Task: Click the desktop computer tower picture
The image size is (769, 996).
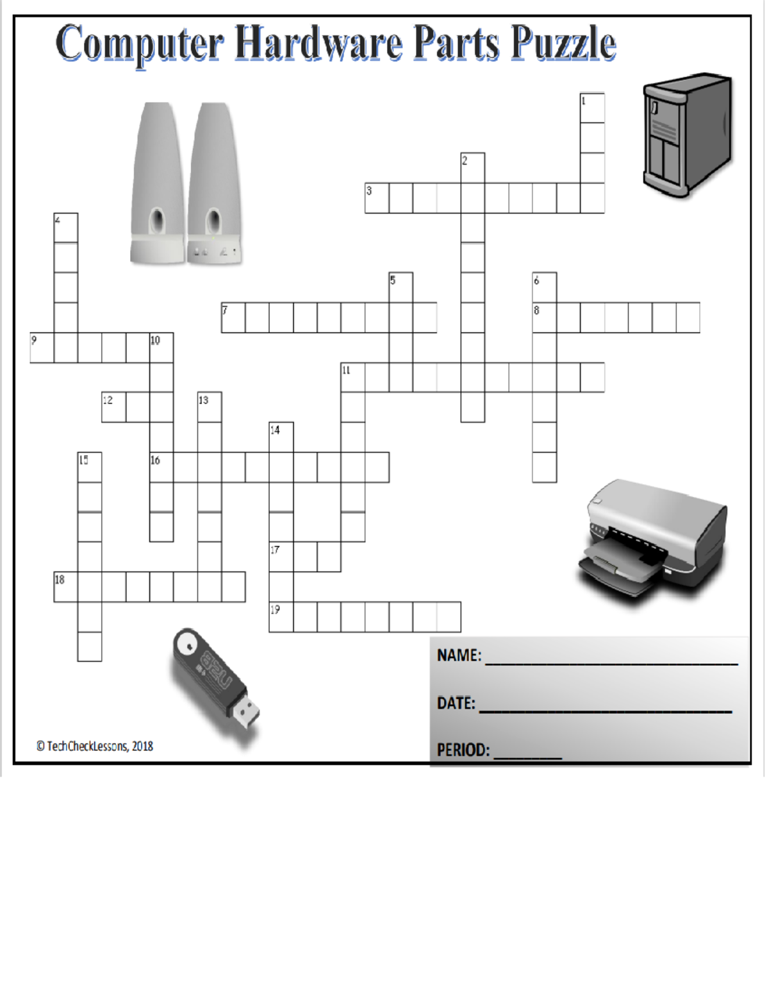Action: pyautogui.click(x=687, y=135)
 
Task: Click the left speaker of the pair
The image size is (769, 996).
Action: pyautogui.click(x=158, y=183)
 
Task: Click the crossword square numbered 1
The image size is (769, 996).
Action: pyautogui.click(x=592, y=108)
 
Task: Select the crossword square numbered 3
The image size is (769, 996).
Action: pyautogui.click(x=377, y=198)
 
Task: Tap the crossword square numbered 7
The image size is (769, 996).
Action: pyautogui.click(x=233, y=317)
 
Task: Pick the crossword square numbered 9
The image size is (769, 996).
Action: pyautogui.click(x=42, y=348)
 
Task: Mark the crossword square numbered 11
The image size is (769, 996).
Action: pyautogui.click(x=352, y=377)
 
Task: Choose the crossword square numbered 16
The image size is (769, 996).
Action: pyautogui.click(x=161, y=467)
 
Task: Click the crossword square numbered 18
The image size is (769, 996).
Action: pyautogui.click(x=65, y=587)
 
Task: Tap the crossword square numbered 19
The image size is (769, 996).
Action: pyautogui.click(x=281, y=617)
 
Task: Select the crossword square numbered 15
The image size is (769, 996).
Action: pyautogui.click(x=90, y=467)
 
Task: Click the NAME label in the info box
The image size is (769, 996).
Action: pyautogui.click(x=458, y=655)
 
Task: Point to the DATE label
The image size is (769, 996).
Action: pyautogui.click(x=456, y=703)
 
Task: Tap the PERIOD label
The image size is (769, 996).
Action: pyautogui.click(x=463, y=750)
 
